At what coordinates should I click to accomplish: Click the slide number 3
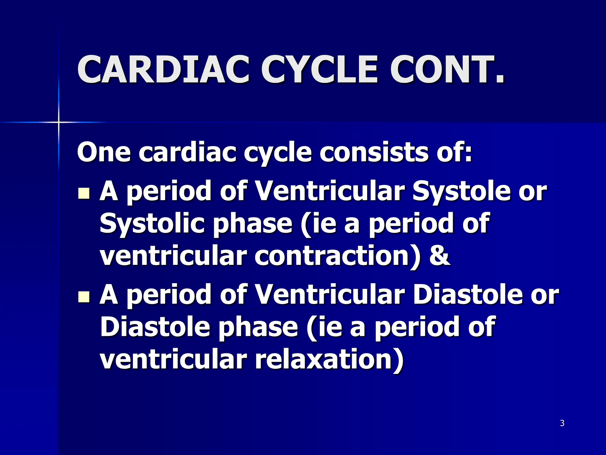click(562, 423)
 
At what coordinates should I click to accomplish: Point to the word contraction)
click(337, 255)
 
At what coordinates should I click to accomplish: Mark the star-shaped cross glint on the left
click(59, 122)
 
